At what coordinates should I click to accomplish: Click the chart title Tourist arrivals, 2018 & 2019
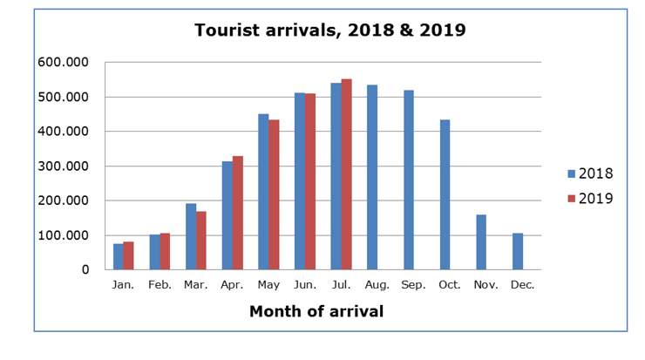(x=329, y=31)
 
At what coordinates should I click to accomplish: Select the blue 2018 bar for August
(x=372, y=177)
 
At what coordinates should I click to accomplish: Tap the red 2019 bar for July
(x=346, y=174)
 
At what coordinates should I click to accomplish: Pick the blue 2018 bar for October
(x=445, y=194)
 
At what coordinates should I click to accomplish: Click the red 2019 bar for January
(x=128, y=255)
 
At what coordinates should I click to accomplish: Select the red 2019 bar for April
(x=237, y=213)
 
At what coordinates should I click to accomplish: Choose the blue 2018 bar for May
(x=263, y=192)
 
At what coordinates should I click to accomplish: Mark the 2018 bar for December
(x=517, y=251)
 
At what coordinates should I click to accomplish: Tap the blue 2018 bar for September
(x=408, y=180)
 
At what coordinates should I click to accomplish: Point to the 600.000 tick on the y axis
(x=63, y=63)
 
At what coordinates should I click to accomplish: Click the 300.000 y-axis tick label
(x=63, y=166)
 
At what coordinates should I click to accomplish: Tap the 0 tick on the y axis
(x=86, y=270)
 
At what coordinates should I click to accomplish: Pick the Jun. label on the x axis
(x=304, y=285)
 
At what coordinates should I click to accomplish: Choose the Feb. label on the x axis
(x=160, y=285)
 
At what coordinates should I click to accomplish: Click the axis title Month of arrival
(x=316, y=311)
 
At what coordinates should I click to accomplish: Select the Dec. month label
(x=523, y=285)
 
